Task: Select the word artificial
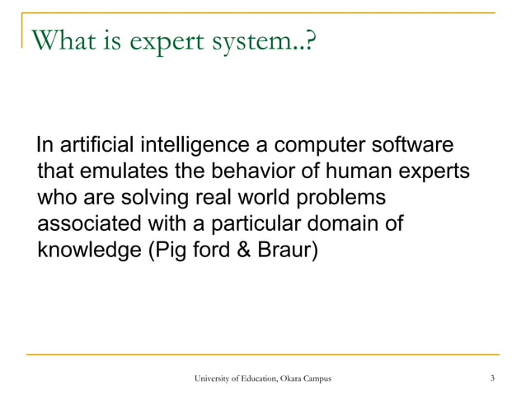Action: (96, 148)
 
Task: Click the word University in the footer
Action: (214, 378)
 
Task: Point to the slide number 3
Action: (491, 378)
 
